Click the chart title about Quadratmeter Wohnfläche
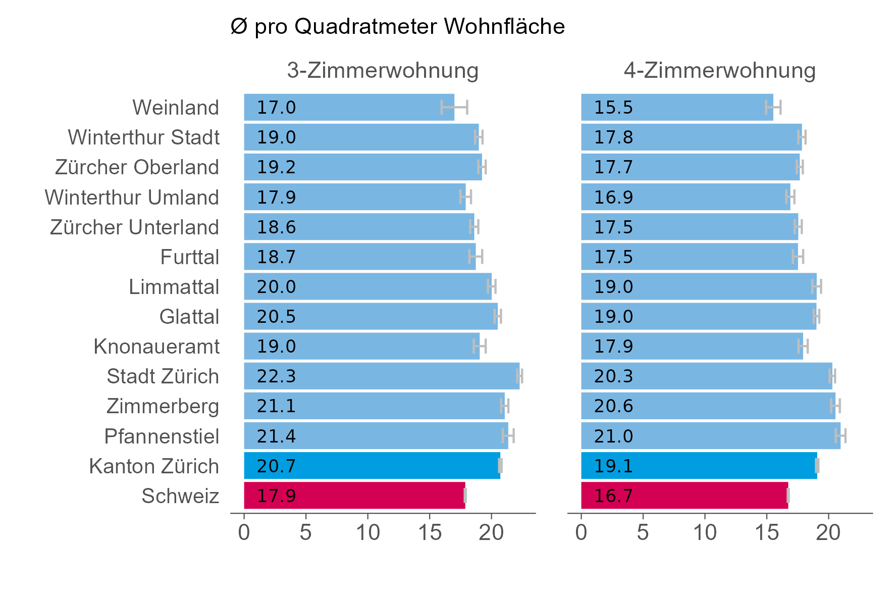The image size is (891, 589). (397, 27)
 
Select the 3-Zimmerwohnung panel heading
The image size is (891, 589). (382, 71)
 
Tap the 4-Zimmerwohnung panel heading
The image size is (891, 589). (719, 71)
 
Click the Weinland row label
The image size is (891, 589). (175, 108)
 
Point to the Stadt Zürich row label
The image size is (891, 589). (163, 376)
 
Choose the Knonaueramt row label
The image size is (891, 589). (156, 347)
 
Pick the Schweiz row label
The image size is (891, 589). (180, 496)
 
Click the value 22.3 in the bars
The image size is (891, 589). (276, 376)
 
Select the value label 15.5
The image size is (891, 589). (613, 108)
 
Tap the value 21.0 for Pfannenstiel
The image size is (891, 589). (613, 436)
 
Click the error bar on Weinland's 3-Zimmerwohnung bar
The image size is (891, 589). (454, 108)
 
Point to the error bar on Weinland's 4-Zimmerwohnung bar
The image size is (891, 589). (773, 108)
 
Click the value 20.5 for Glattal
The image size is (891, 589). (276, 317)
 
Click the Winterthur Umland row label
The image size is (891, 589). (132, 198)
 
